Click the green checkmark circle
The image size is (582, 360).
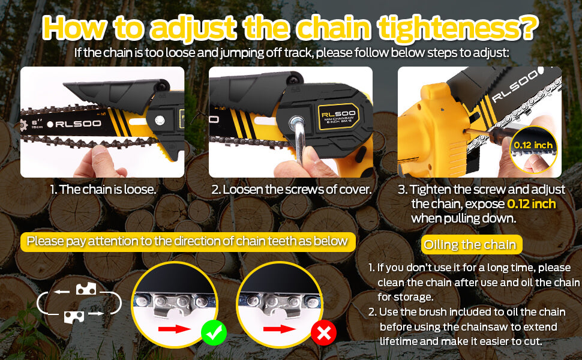coord(214,333)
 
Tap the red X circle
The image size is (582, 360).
coord(323,333)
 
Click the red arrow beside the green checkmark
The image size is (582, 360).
coord(174,329)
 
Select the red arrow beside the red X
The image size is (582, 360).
coord(280,329)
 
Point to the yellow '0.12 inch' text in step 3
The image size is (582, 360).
coord(531,204)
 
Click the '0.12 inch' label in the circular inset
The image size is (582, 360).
coord(533,145)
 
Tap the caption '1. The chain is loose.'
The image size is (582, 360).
coord(103,189)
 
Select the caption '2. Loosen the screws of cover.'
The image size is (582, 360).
coord(292,189)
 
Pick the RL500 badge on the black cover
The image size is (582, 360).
coord(338,116)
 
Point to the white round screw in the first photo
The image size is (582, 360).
coord(160,120)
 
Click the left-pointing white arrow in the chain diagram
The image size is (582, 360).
coord(62,292)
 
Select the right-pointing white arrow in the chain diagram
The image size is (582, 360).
coord(96,314)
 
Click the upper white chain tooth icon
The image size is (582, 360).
coord(86,289)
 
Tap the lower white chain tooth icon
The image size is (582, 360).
coord(74,317)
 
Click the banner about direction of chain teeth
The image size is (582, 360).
coord(188,242)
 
